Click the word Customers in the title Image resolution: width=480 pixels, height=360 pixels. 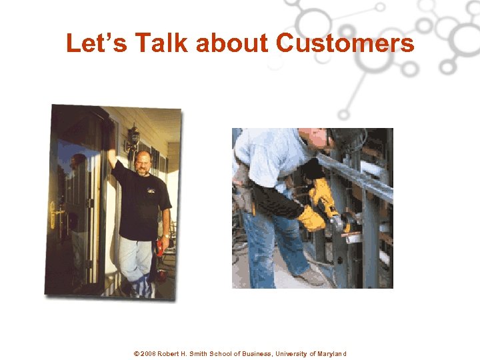(345, 43)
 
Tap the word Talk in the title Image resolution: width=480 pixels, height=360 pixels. (161, 43)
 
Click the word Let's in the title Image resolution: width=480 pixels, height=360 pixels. (98, 43)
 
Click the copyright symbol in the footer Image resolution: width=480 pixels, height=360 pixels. (136, 353)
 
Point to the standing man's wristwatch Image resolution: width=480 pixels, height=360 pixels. (164, 235)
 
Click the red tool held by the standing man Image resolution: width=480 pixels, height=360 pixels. (160, 249)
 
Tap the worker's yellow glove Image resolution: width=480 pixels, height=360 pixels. (311, 217)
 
